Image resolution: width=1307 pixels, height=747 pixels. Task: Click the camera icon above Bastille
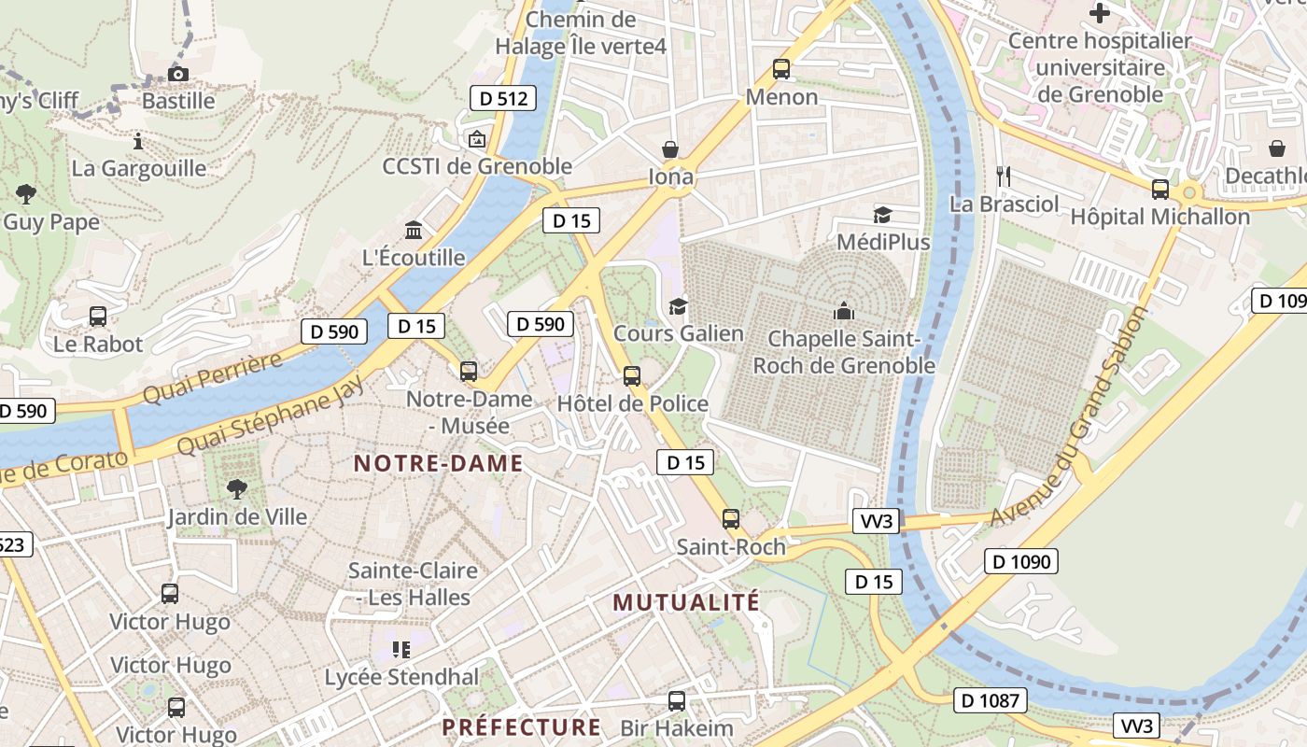177,74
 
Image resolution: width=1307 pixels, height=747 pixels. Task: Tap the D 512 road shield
502,98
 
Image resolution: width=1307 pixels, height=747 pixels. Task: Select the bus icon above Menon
781,69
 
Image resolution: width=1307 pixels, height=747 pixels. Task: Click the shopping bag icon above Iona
670,149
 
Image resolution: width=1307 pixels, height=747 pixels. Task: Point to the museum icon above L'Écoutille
414,230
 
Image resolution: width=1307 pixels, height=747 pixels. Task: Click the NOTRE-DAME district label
438,463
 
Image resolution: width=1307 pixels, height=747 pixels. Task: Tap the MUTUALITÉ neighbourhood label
686,602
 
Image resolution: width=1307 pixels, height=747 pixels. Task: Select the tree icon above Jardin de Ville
237,487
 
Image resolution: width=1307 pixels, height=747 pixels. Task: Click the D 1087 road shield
991,700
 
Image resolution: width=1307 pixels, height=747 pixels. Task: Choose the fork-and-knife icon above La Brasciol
1005,176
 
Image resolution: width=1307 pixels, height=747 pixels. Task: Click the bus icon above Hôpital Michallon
1160,190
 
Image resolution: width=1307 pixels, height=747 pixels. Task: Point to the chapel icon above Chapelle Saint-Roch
844,311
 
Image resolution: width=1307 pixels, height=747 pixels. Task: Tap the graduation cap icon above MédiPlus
882,216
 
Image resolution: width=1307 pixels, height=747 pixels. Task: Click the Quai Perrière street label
212,379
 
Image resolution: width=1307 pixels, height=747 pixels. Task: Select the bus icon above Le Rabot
98,317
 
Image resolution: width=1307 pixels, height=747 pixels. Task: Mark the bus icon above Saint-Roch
731,519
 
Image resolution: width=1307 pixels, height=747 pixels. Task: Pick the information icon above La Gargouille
138,141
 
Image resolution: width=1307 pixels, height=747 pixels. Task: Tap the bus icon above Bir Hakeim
677,700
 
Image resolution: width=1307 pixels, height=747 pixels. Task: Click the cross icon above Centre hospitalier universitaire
1100,13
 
